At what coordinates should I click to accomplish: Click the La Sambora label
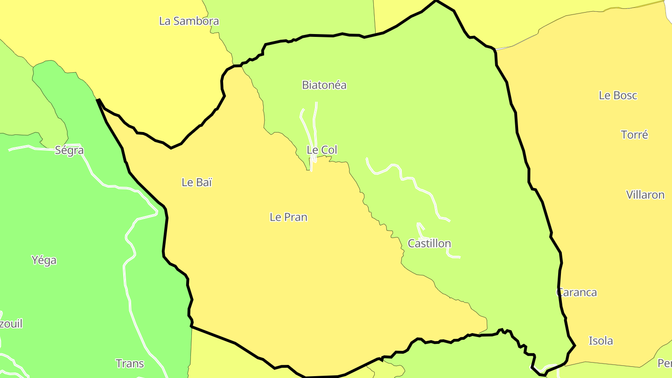(189, 21)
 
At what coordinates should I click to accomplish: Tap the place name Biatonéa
(324, 85)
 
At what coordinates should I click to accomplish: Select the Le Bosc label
(618, 95)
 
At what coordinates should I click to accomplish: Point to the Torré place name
(634, 135)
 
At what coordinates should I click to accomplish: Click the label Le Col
(322, 150)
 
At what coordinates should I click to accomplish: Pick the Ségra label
(70, 150)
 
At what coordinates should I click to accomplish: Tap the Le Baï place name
(197, 182)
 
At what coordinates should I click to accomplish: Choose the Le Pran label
(288, 217)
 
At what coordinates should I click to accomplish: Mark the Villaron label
(645, 195)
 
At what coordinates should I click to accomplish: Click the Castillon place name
(429, 243)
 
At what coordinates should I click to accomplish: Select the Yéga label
(44, 260)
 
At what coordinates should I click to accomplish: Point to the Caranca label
(577, 292)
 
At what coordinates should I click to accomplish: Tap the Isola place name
(601, 341)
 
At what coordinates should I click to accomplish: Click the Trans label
(130, 363)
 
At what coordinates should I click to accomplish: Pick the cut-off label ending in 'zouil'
(11, 324)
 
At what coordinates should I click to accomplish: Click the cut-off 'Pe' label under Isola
(665, 363)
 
